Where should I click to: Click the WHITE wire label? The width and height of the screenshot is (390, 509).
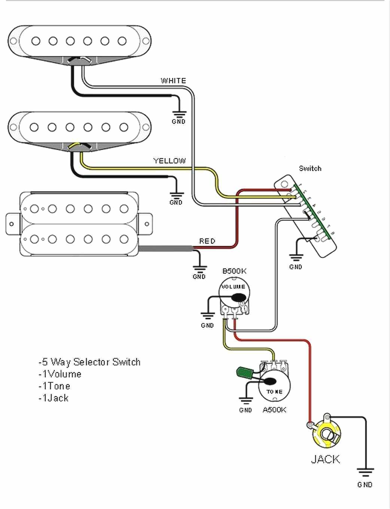click(x=173, y=81)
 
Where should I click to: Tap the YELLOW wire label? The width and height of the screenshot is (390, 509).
click(x=170, y=161)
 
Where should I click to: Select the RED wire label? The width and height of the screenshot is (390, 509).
click(x=207, y=241)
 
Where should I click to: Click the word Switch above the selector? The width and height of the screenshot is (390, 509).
click(x=310, y=169)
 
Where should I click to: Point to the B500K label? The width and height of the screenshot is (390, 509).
click(x=234, y=271)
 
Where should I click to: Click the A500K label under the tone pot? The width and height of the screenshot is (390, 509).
click(x=274, y=410)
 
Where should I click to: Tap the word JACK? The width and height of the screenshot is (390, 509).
click(x=325, y=459)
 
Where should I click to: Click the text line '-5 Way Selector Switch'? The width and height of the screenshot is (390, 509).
click(x=89, y=362)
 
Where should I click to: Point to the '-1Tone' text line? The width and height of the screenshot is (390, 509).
click(x=54, y=386)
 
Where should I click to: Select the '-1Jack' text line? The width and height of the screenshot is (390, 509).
click(x=54, y=398)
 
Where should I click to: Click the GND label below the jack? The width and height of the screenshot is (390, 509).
click(x=365, y=485)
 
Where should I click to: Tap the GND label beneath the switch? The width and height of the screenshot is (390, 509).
click(x=295, y=267)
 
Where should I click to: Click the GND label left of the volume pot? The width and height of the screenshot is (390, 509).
click(x=207, y=325)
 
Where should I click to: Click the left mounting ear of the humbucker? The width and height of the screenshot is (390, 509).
click(x=12, y=224)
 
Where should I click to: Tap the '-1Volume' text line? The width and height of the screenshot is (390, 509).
click(x=60, y=374)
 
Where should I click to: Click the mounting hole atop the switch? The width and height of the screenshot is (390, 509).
click(x=284, y=184)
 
